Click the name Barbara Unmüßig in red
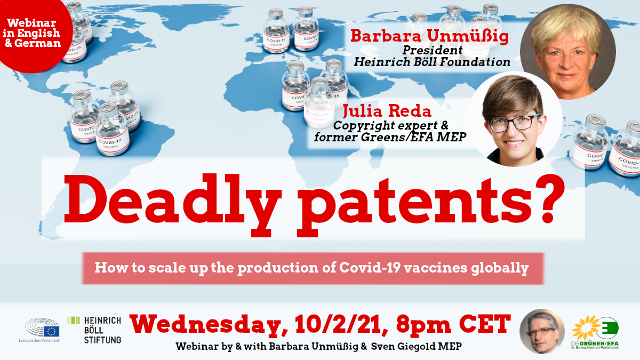429,37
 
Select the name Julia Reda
387,111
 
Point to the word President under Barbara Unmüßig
433,50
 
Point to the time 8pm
423,325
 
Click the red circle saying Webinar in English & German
33,33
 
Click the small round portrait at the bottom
542,331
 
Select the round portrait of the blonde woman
567,51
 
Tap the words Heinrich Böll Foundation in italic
432,62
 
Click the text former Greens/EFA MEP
390,137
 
